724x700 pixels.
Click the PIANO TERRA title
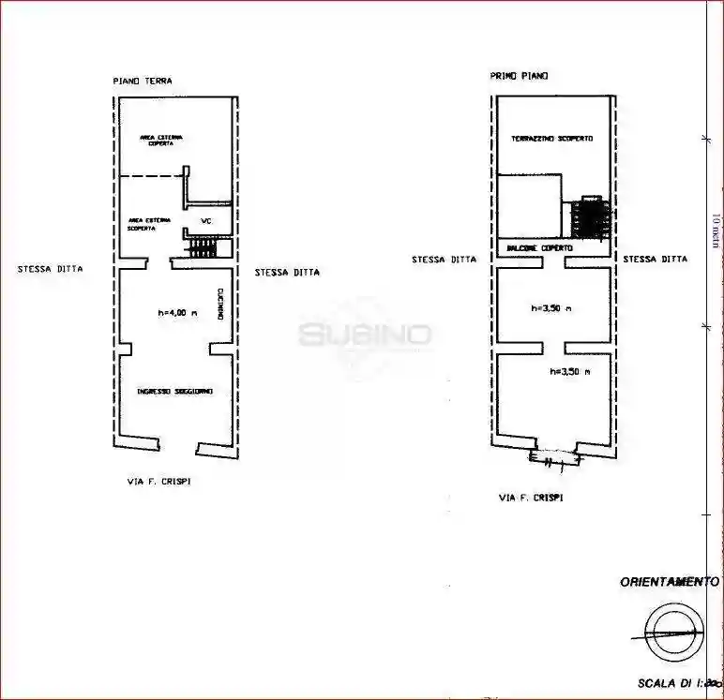143,82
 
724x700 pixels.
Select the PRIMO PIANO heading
519,76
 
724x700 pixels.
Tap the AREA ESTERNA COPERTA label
161,141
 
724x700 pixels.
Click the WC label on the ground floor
207,221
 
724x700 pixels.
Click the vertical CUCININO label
219,305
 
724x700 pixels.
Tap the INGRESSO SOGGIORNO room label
174,391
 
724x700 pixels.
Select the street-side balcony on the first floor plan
554,458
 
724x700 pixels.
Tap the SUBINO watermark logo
365,335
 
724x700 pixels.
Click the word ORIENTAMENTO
670,582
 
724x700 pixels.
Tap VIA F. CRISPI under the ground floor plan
164,481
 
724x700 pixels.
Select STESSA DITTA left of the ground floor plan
50,269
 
